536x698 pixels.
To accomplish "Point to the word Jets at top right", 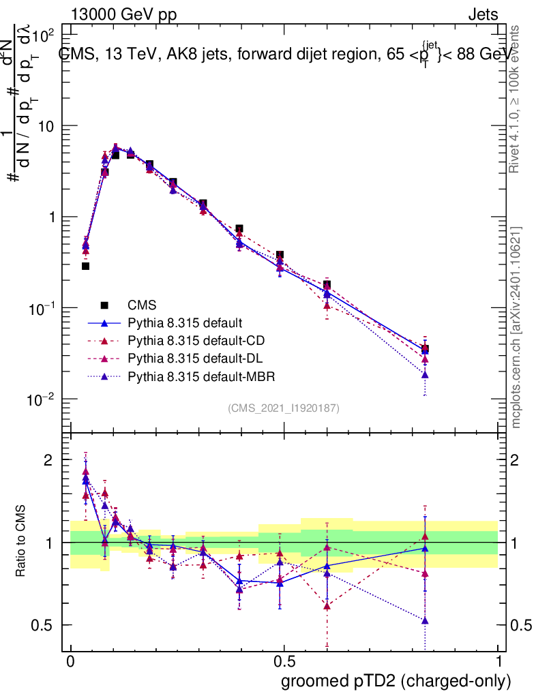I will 482,15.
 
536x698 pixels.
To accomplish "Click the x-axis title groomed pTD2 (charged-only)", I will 396,681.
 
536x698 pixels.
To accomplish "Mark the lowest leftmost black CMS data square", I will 85,266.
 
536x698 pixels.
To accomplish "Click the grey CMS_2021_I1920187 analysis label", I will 284,408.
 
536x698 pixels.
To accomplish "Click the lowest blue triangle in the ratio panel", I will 426,620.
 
